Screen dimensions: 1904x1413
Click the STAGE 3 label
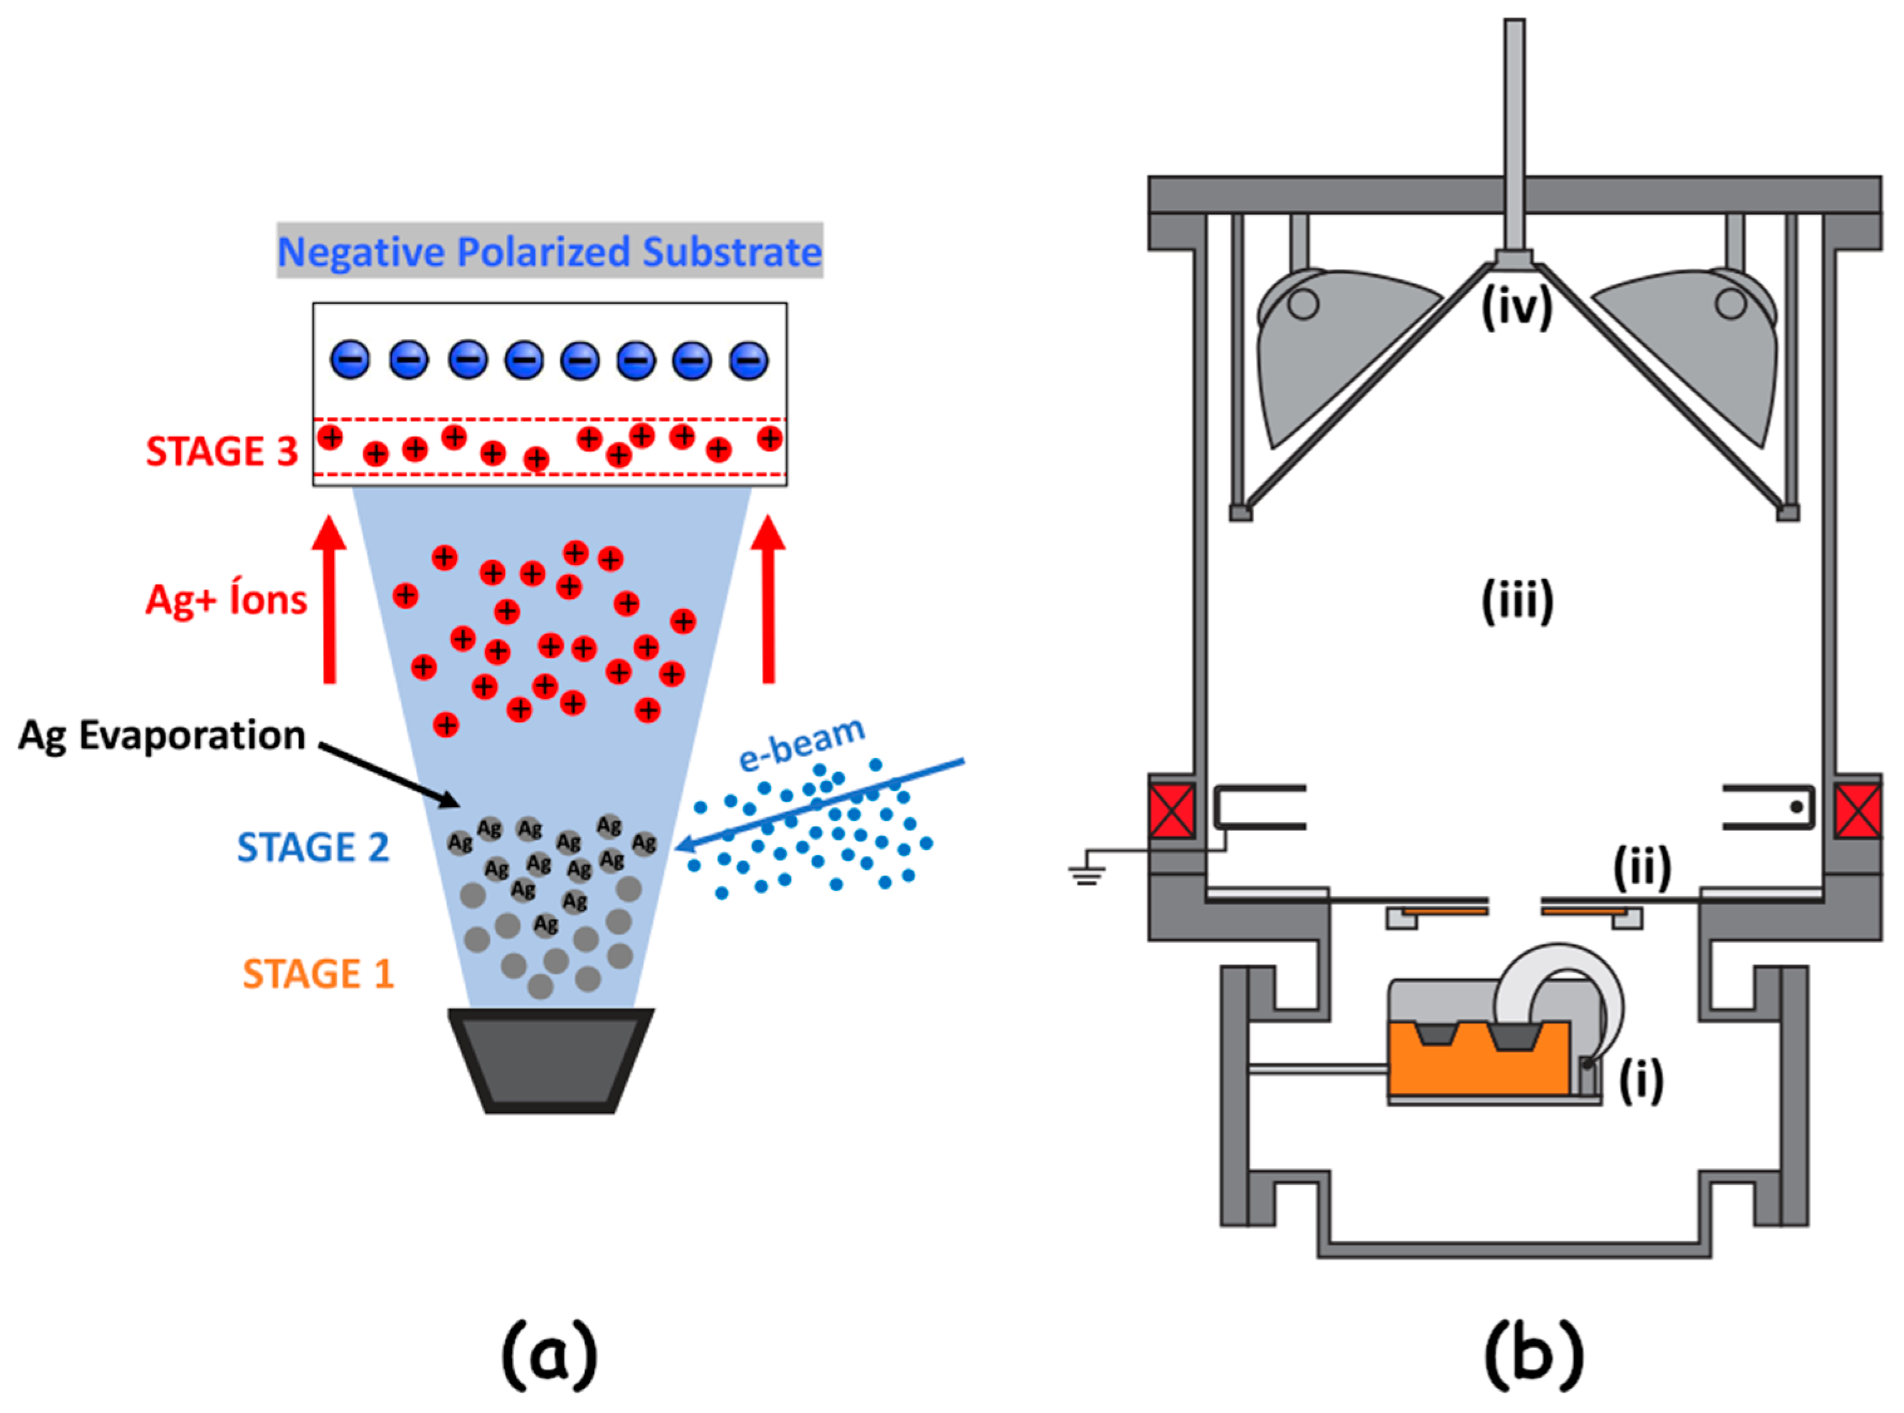point(221,452)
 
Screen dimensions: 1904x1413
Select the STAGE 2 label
point(313,848)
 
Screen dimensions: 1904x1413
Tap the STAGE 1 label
point(318,974)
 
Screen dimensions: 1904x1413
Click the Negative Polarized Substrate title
point(549,251)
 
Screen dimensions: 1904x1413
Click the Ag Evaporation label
point(162,736)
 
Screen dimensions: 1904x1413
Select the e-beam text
point(801,743)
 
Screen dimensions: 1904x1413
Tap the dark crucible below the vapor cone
point(551,1061)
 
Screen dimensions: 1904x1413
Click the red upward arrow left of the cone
point(329,599)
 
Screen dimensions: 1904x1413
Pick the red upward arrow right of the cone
point(768,599)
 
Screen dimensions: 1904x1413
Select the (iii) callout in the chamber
point(1518,602)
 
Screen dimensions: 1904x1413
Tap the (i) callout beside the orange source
point(1641,1081)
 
